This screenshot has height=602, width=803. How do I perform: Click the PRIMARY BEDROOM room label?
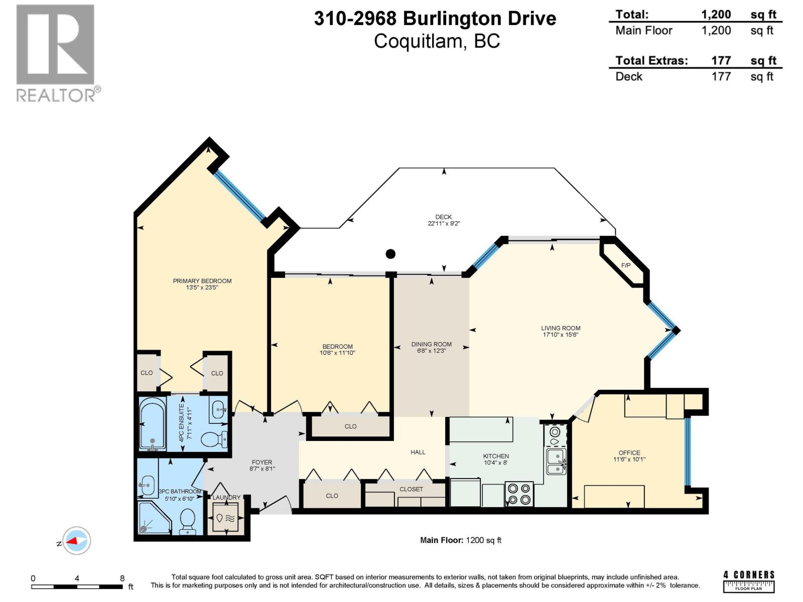click(202, 281)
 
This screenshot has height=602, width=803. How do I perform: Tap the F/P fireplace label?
click(626, 265)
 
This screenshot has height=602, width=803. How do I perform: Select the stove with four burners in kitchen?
click(519, 494)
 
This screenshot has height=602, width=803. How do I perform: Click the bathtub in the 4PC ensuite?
click(152, 423)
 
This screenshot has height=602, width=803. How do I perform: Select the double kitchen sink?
click(556, 462)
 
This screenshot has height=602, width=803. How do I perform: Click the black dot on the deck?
click(390, 254)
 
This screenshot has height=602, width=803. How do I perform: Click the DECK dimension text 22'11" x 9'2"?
click(444, 224)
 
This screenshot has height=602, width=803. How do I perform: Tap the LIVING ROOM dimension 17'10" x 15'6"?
click(561, 335)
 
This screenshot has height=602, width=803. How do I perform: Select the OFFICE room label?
click(629, 453)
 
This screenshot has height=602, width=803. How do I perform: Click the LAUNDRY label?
click(226, 497)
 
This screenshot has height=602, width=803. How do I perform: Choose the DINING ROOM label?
click(431, 344)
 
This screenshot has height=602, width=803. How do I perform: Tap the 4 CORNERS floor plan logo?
click(749, 581)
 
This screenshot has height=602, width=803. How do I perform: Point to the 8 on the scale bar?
click(122, 578)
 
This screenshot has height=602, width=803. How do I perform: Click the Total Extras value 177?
click(721, 61)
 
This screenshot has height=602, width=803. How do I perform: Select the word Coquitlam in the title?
click(418, 41)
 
